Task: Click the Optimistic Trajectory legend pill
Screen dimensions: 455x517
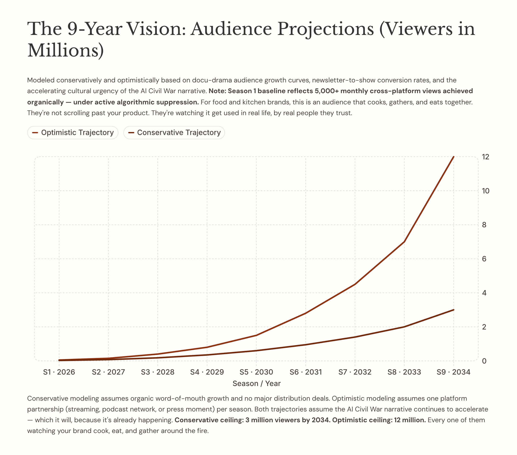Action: pyautogui.click(x=73, y=132)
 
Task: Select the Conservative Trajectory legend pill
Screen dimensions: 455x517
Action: pyautogui.click(x=174, y=132)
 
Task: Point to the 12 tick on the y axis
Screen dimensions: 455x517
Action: pyautogui.click(x=485, y=157)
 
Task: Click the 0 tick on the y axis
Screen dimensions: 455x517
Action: pyautogui.click(x=484, y=361)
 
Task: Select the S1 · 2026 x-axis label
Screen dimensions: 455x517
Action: pyautogui.click(x=59, y=372)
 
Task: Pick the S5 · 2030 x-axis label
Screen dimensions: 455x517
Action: pyautogui.click(x=256, y=372)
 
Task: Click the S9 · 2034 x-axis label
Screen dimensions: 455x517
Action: pyautogui.click(x=453, y=372)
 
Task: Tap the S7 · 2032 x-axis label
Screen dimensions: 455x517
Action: pyautogui.click(x=355, y=372)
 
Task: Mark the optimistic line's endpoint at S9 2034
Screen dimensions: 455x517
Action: pyautogui.click(x=453, y=157)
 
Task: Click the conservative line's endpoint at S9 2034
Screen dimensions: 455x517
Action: pyautogui.click(x=453, y=310)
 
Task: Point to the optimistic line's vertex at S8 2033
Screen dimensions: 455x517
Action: pyautogui.click(x=404, y=242)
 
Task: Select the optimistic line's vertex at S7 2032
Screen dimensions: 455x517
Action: pyautogui.click(x=355, y=284)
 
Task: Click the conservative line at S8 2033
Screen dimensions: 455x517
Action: pyautogui.click(x=404, y=327)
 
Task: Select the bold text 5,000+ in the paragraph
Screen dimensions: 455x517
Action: pyautogui.click(x=327, y=91)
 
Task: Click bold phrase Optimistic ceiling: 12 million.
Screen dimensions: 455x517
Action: pyautogui.click(x=379, y=420)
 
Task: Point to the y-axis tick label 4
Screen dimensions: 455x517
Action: pyautogui.click(x=484, y=293)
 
